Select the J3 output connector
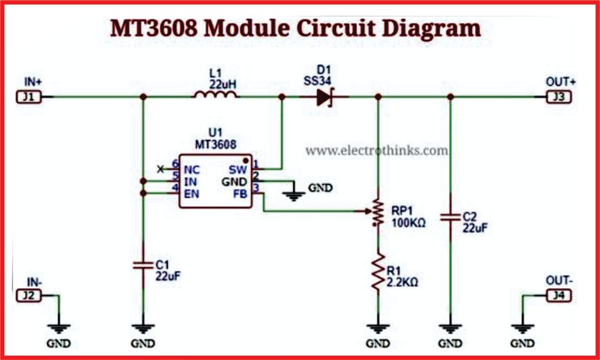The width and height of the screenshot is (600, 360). click(x=558, y=97)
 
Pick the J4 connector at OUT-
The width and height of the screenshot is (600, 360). click(x=558, y=295)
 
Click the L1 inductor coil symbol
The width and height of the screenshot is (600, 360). click(x=215, y=95)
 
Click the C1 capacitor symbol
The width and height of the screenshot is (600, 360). click(x=143, y=266)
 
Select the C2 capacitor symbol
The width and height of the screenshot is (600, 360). click(x=450, y=218)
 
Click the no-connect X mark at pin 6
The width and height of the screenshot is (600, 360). click(x=161, y=169)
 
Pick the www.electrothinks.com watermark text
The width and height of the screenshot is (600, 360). click(x=376, y=150)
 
